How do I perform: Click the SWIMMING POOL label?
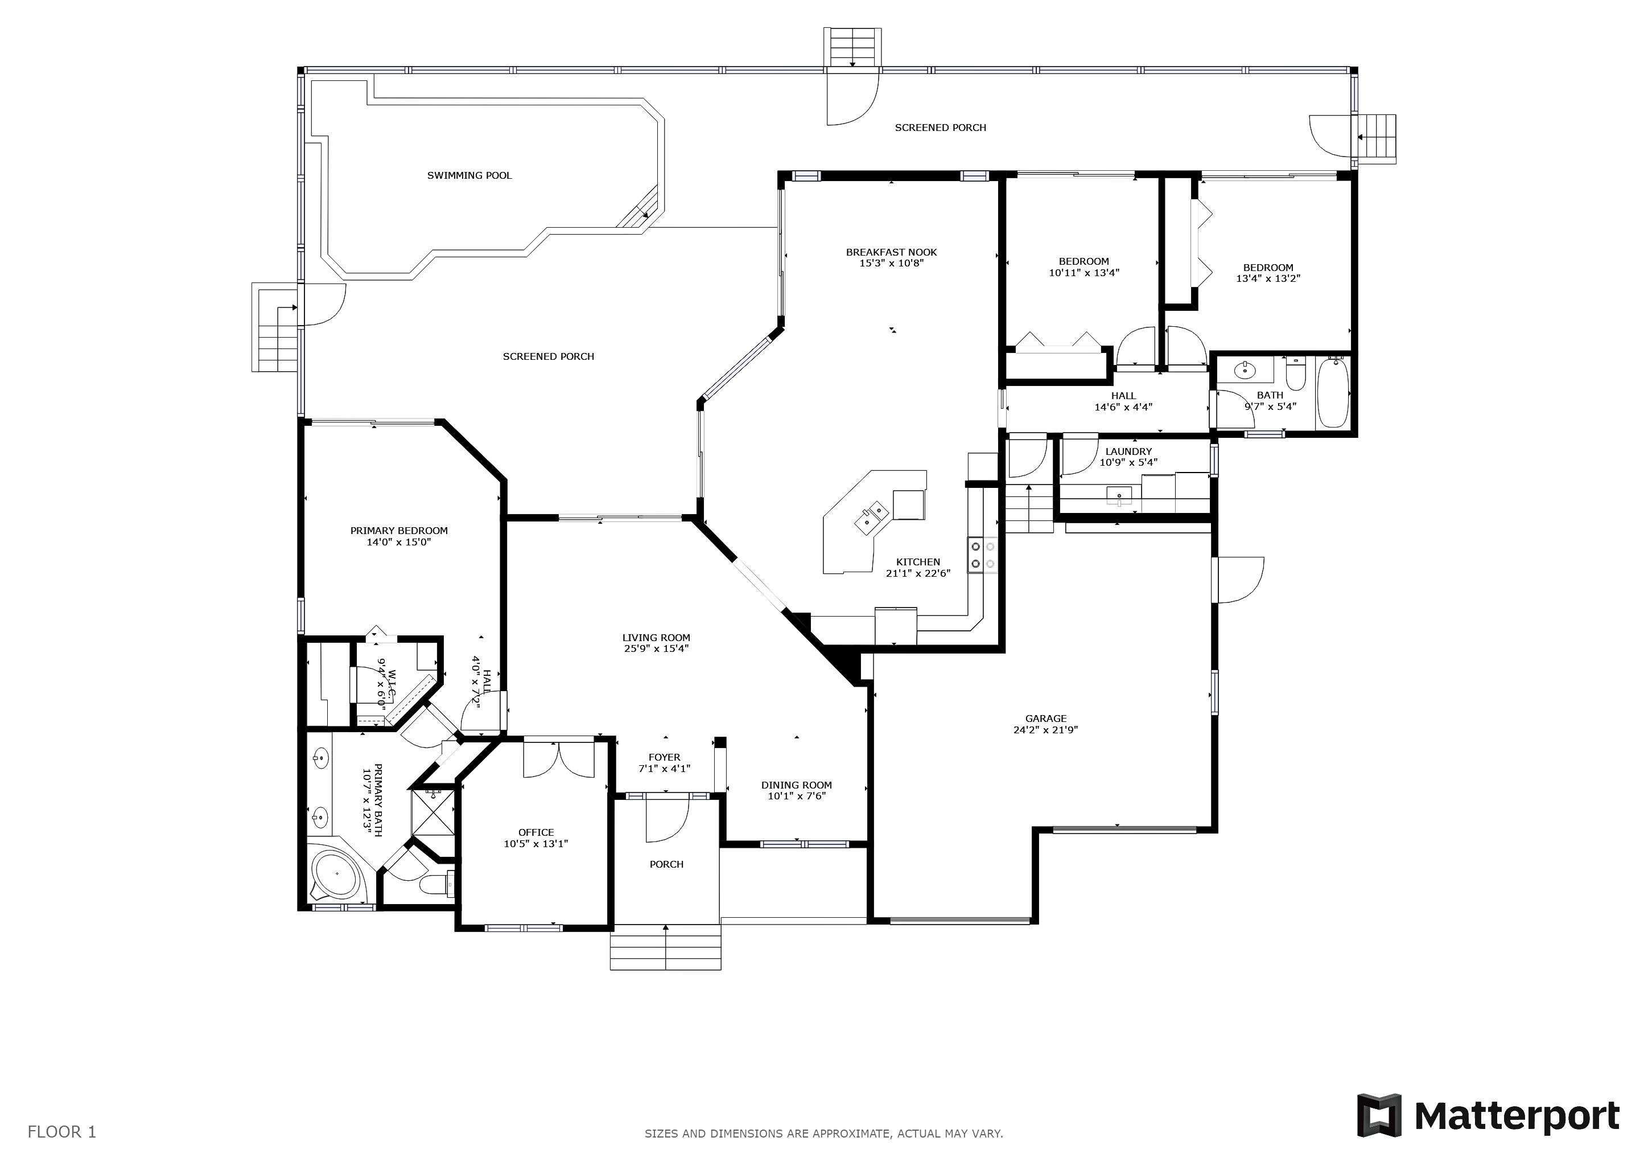click(469, 175)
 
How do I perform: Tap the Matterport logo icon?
click(1378, 1115)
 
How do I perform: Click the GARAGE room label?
click(1046, 718)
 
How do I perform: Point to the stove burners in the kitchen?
click(983, 555)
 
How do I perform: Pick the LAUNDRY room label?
click(1128, 451)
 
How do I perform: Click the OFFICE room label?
click(536, 833)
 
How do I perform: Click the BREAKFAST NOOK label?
click(892, 252)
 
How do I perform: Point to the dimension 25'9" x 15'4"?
click(656, 648)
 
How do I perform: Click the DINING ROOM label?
click(797, 785)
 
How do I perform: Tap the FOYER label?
click(665, 757)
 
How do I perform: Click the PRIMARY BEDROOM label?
click(399, 531)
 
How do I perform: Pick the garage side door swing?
click(1239, 580)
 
